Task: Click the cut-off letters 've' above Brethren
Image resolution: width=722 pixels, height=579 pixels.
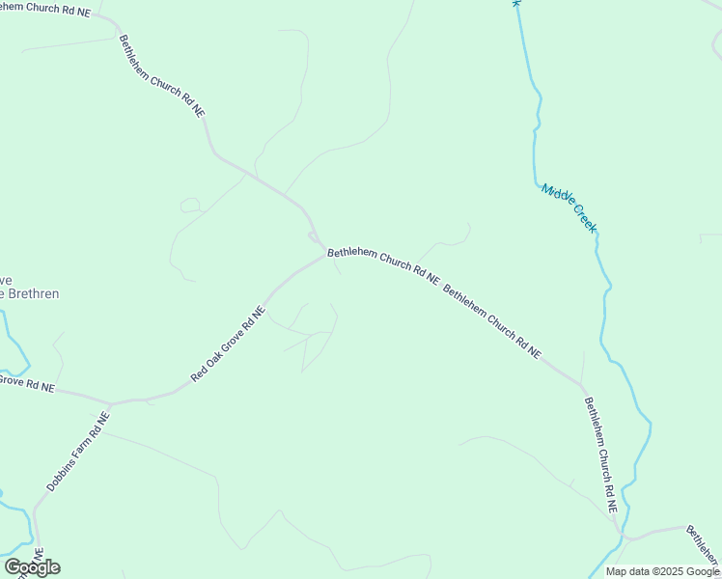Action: tap(5, 278)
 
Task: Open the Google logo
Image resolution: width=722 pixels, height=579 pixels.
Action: tap(32, 567)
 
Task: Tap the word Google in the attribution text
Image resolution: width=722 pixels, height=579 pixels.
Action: tap(704, 571)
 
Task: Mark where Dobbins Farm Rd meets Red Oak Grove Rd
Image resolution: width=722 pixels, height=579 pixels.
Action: tap(110, 403)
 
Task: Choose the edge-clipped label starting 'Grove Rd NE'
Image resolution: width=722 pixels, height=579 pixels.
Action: tap(26, 384)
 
